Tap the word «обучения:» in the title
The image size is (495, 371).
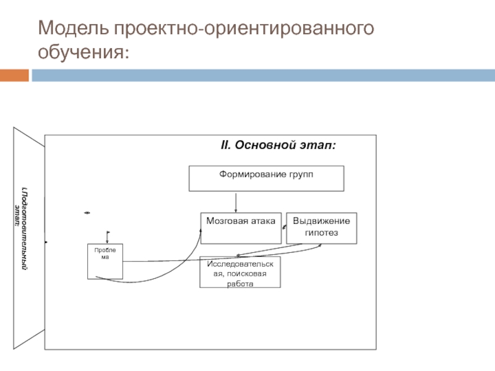(x=84, y=51)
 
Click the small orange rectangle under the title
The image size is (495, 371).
(x=14, y=76)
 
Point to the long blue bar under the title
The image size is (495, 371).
(x=263, y=76)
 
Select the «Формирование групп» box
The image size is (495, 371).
(x=266, y=178)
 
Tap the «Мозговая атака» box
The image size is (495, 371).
(x=241, y=228)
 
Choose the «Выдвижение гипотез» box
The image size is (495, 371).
(x=321, y=228)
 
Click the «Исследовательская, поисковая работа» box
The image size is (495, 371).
(x=240, y=273)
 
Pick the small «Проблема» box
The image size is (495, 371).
(x=105, y=262)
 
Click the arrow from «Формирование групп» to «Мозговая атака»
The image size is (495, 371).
(x=236, y=202)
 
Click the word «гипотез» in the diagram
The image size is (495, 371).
(x=322, y=234)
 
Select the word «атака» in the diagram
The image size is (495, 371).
(x=261, y=221)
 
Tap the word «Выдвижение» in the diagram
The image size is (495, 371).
(x=321, y=221)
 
